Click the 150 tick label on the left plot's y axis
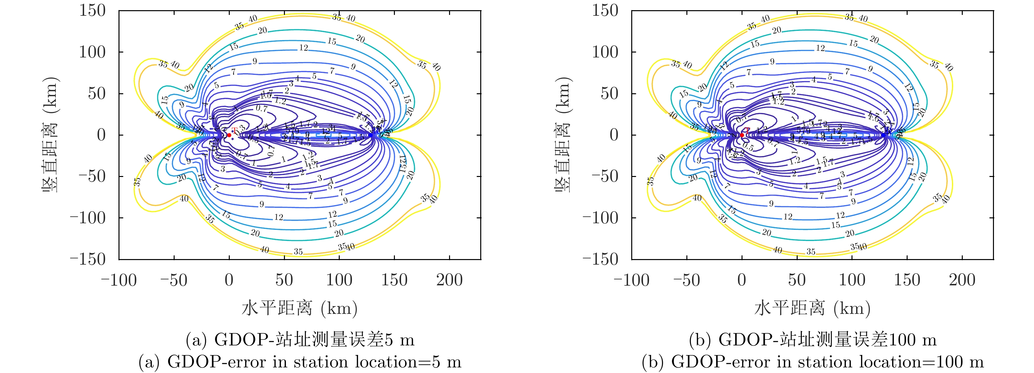(x=92, y=11)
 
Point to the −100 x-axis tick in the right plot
(x=632, y=280)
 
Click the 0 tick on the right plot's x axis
(x=742, y=280)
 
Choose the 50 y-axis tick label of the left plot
(x=97, y=94)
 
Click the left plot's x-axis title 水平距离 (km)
(x=299, y=308)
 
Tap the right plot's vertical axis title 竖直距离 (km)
(x=564, y=135)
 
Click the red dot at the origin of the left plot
(x=229, y=135)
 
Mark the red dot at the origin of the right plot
(x=742, y=135)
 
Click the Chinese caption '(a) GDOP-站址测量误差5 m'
(x=299, y=340)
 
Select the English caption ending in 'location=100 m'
(x=812, y=362)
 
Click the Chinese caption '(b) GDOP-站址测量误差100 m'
(x=812, y=340)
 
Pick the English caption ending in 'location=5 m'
(x=299, y=362)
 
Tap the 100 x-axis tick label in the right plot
(x=852, y=280)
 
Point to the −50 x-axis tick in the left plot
(x=174, y=280)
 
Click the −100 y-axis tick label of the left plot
(x=88, y=218)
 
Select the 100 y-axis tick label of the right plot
(x=605, y=52)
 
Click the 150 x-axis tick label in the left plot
(x=394, y=280)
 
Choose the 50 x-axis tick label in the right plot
(x=797, y=280)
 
